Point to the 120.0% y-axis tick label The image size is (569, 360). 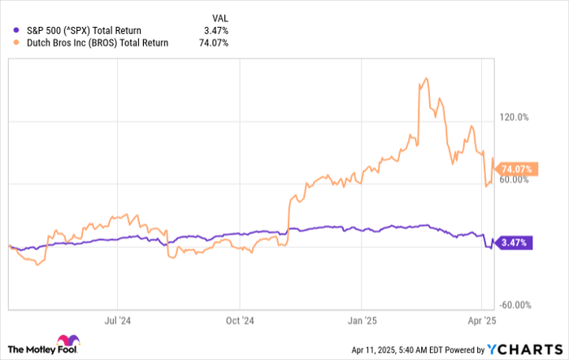[515, 118]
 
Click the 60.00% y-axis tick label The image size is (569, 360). [515, 180]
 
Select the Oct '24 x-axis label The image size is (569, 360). [240, 320]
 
